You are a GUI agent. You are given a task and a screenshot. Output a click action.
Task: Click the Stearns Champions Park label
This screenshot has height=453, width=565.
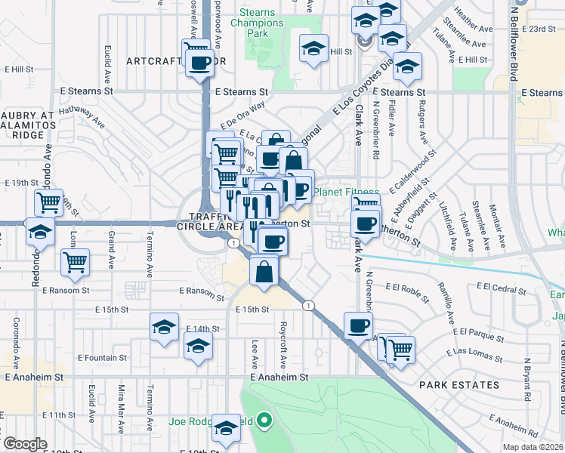click(258, 23)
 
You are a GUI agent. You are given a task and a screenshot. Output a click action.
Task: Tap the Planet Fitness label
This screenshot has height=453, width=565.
click(347, 192)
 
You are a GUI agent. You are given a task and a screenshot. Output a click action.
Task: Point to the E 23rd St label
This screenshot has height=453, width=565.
click(537, 29)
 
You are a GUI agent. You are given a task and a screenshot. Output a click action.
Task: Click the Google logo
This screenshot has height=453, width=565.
click(25, 444)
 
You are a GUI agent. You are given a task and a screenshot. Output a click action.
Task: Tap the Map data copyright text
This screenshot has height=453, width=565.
click(532, 447)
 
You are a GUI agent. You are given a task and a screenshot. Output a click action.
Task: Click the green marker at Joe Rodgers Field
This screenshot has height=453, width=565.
click(264, 420)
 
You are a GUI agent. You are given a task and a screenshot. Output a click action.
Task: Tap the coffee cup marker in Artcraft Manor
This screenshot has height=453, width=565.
click(200, 63)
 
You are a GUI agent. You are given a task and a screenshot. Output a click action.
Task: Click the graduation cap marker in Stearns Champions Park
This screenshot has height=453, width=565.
click(313, 49)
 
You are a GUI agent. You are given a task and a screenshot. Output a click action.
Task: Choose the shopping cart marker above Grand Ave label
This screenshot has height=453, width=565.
click(75, 263)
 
